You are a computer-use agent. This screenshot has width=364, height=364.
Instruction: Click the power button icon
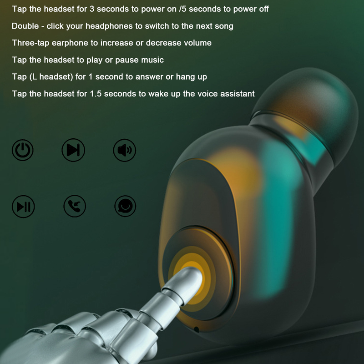tap(22, 150)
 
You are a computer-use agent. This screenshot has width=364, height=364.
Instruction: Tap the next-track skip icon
tap(73, 150)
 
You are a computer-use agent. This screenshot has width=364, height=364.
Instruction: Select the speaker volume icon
tap(124, 150)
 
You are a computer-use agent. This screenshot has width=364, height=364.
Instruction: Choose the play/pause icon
tap(23, 207)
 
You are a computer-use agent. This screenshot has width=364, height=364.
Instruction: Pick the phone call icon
tap(75, 206)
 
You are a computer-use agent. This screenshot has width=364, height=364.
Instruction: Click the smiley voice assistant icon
tap(126, 206)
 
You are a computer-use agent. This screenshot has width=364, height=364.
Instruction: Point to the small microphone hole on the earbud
tap(196, 329)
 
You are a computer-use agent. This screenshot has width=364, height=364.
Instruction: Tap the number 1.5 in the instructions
tap(96, 94)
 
